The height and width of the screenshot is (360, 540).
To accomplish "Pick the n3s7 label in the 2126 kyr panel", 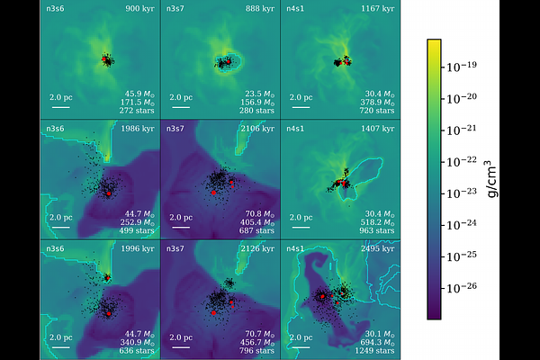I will coord(175,248).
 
